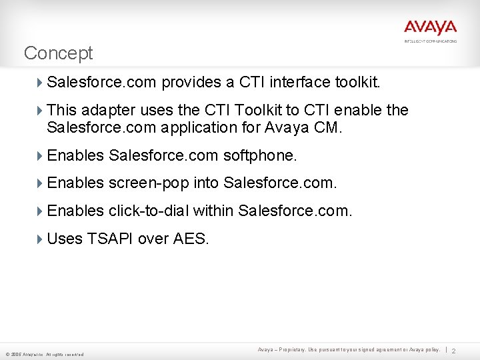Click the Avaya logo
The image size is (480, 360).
click(430, 29)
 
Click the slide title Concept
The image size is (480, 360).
click(58, 53)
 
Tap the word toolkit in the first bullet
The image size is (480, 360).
click(357, 82)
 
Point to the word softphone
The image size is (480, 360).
click(259, 155)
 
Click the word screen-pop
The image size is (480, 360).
click(149, 183)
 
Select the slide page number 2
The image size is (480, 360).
click(454, 351)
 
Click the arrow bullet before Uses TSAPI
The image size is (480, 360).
click(41, 239)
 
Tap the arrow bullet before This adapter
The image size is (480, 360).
click(41, 110)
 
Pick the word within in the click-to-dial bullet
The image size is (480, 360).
click(213, 211)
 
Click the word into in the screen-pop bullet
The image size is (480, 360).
click(206, 183)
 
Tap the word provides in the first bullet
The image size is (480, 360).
click(192, 82)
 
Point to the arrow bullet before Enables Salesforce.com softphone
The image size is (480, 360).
click(41, 155)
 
